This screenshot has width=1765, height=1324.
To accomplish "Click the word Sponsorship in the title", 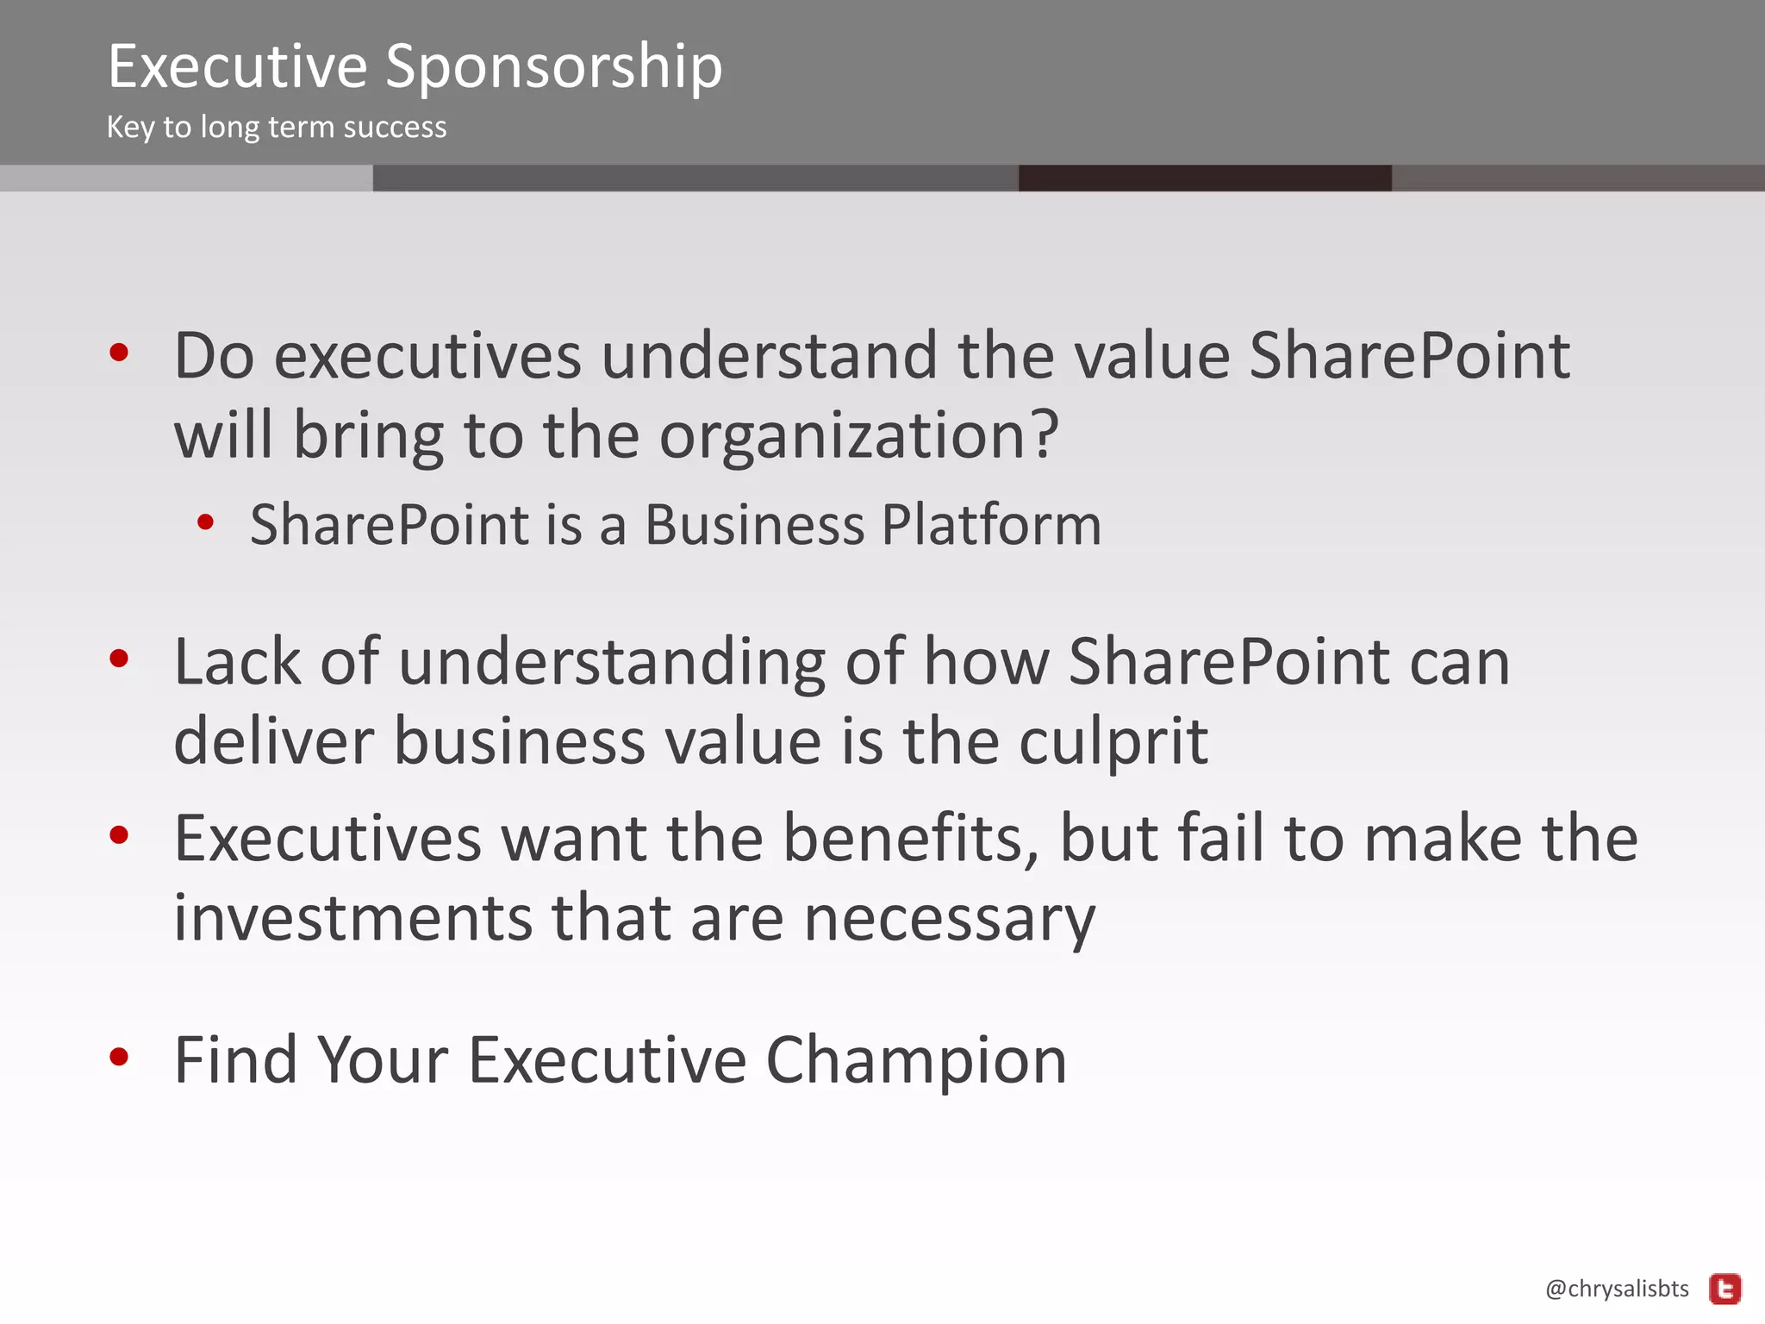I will coord(553,67).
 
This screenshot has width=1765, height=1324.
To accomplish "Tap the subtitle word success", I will coord(395,128).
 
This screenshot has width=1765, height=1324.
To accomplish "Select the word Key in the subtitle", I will coord(130,128).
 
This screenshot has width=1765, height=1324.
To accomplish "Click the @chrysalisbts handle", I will coord(1617,1289).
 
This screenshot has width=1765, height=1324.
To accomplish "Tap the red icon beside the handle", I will coord(1725,1290).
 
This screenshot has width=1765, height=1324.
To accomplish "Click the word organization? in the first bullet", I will coord(858,436).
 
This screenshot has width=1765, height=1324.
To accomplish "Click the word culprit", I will coord(1113,741).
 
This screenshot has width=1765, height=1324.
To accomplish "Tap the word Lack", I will coord(237,662).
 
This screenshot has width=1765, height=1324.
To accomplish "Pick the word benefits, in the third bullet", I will coord(911,838).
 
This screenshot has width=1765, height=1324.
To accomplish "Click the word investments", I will coord(353,918).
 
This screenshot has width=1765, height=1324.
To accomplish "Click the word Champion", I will coord(916,1060).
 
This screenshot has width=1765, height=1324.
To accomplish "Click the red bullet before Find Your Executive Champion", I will coord(119,1057).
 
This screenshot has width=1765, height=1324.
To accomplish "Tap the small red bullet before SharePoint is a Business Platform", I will coord(205,521).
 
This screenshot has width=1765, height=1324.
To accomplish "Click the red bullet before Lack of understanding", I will coord(119,659).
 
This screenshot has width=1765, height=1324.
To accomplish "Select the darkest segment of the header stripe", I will coord(1205,178).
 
